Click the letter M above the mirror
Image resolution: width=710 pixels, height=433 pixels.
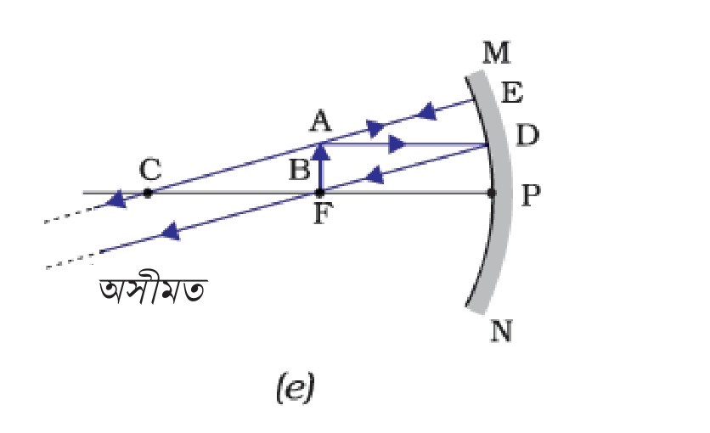496,53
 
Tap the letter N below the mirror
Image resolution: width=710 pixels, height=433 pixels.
502,331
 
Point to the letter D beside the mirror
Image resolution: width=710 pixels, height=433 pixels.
527,135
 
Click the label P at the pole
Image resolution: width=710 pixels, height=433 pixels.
530,195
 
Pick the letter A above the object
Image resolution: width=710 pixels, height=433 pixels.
320,121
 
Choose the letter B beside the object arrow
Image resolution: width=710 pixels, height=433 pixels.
299,171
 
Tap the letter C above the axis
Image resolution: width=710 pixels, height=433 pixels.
149,170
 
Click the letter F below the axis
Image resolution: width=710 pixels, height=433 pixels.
320,213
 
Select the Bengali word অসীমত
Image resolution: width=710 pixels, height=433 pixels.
153,291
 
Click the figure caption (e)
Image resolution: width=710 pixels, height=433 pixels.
295,387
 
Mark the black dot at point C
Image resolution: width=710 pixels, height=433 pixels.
148,194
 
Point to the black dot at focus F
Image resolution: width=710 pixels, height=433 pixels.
319,194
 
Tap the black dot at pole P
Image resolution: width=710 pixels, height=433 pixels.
493,194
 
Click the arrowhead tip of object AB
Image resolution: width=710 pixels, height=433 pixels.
320,143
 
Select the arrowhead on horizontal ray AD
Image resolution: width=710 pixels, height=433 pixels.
397,144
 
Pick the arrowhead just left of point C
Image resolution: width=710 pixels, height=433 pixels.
117,200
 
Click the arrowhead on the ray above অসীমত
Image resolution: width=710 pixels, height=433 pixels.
170,231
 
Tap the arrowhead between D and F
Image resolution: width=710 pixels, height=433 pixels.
374,175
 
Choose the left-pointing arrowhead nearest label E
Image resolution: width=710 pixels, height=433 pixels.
426,111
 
